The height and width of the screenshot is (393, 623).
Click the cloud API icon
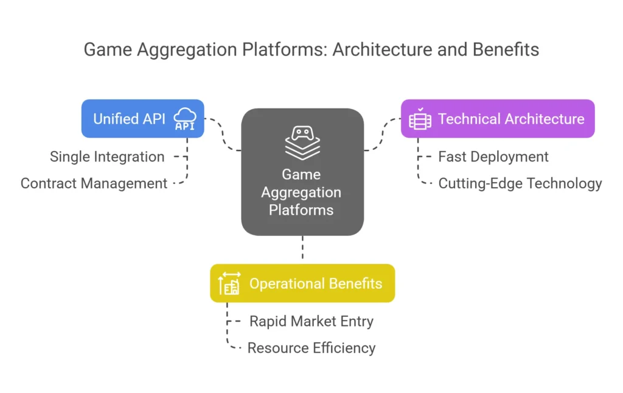coord(185,119)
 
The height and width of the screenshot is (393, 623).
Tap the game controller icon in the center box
coord(302,143)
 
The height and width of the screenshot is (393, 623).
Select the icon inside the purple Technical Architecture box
coord(420,119)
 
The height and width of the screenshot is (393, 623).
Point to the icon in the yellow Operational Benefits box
coord(229,283)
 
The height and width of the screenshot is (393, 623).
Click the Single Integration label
coord(107,157)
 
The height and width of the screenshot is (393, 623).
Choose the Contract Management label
coord(94,183)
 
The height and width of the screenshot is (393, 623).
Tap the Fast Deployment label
coord(493,157)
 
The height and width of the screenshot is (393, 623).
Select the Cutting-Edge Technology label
coord(520,183)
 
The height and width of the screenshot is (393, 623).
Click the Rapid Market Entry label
coord(311,321)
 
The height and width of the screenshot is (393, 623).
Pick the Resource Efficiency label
coord(311,348)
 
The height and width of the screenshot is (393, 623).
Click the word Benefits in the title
coord(506,50)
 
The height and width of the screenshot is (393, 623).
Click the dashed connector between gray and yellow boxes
coord(303,247)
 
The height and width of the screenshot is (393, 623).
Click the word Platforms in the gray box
coord(301,210)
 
